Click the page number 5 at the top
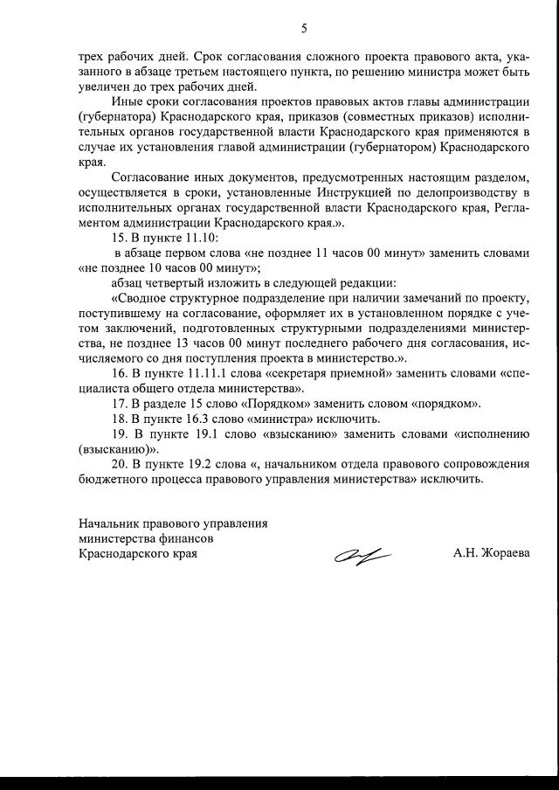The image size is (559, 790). tap(304, 28)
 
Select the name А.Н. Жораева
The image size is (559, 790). tap(491, 553)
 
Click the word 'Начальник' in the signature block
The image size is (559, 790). tap(107, 523)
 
